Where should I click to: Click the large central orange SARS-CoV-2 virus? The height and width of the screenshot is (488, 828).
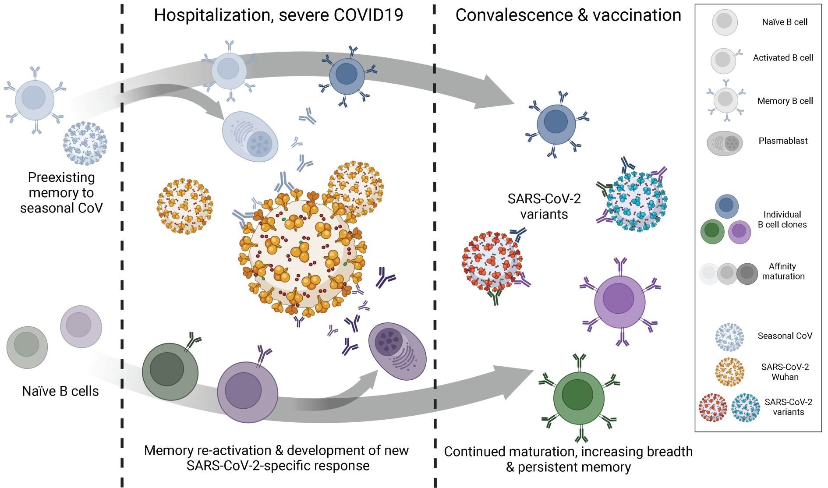point(301,254)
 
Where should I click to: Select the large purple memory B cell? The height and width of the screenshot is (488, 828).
point(619,301)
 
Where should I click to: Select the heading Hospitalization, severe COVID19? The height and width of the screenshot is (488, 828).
point(278,15)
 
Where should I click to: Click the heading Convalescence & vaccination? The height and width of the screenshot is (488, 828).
point(568,15)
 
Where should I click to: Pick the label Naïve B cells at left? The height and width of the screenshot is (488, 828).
point(60,391)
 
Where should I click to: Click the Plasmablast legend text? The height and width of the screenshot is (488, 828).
point(783,141)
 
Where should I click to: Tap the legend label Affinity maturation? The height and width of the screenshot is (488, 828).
point(782,271)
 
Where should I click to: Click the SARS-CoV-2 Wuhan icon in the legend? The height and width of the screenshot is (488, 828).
point(729,372)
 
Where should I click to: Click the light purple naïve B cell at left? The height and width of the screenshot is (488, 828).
point(81,327)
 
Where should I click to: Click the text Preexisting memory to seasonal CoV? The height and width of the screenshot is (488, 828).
point(61,192)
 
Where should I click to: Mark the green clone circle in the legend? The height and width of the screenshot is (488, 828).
point(712,232)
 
